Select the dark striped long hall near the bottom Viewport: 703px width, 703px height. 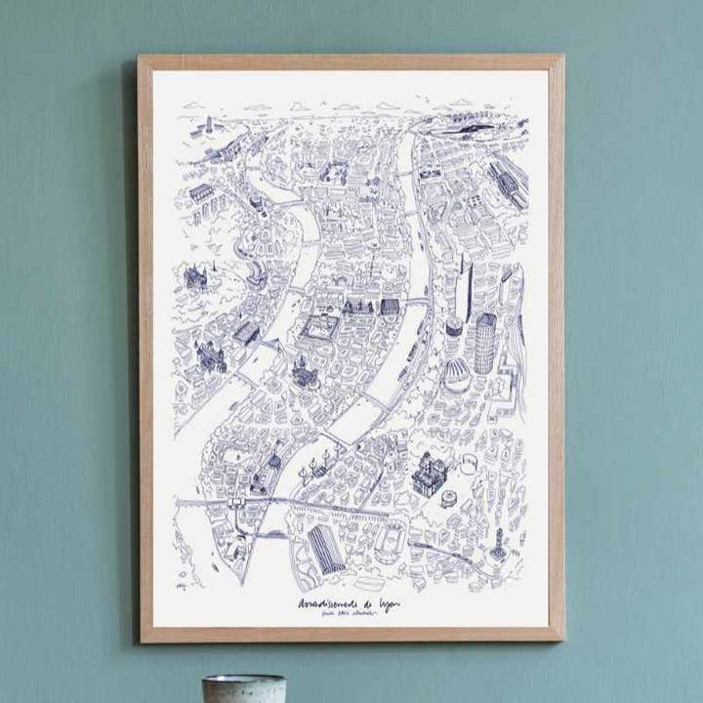pos(326,549)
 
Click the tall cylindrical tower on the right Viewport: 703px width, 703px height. pos(485,342)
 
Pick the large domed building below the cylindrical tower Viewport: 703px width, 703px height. pos(457,376)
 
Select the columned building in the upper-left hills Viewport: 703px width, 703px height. pos(200,191)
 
